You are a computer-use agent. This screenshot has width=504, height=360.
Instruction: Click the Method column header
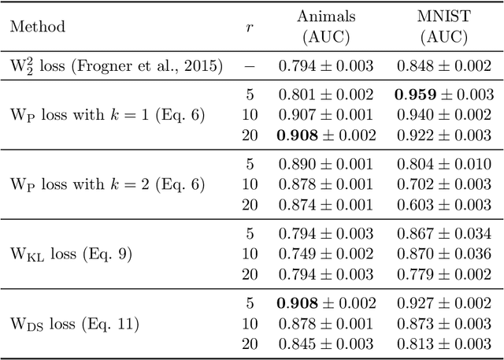click(37, 27)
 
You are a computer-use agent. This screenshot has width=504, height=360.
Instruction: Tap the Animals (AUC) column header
click(325, 27)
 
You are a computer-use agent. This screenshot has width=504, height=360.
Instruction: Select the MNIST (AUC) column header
click(444, 27)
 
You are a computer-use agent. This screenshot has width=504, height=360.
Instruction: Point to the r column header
click(250, 27)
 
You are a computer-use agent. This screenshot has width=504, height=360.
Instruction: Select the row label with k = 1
click(107, 116)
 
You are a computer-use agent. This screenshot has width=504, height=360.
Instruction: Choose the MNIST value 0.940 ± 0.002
click(444, 116)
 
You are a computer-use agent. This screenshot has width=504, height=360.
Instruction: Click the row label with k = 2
click(107, 185)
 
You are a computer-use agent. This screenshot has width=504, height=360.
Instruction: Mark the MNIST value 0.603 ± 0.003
click(444, 205)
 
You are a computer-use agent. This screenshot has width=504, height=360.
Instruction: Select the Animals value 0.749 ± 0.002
click(325, 254)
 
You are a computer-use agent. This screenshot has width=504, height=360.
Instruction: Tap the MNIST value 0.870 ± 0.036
click(444, 254)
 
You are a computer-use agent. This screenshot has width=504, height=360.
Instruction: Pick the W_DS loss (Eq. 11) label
click(74, 324)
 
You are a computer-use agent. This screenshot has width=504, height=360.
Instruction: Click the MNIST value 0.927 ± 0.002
click(444, 304)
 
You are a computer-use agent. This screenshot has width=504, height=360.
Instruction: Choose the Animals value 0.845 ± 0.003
click(325, 343)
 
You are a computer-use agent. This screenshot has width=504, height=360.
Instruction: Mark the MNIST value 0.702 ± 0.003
click(444, 185)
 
